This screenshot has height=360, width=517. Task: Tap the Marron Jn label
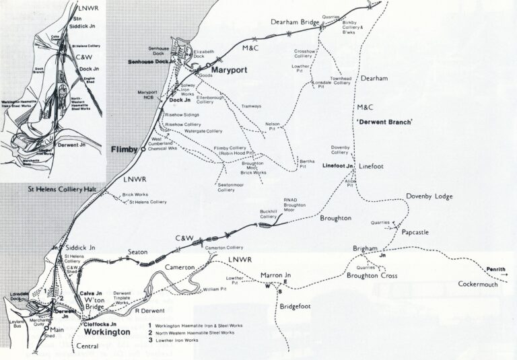pyautogui.click(x=275, y=275)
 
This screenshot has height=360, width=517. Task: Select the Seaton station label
pyautogui.click(x=137, y=252)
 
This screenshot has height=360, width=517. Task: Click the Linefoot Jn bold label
pyautogui.click(x=339, y=165)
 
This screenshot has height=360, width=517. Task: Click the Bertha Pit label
pyautogui.click(x=307, y=164)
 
